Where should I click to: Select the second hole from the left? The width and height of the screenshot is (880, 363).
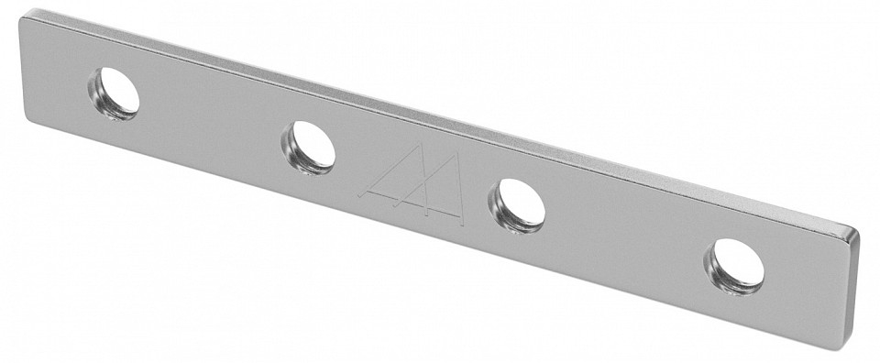(x=309, y=146)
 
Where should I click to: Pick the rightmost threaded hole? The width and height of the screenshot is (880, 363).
(x=735, y=265)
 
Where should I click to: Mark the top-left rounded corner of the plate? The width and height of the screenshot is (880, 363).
(x=27, y=16)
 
